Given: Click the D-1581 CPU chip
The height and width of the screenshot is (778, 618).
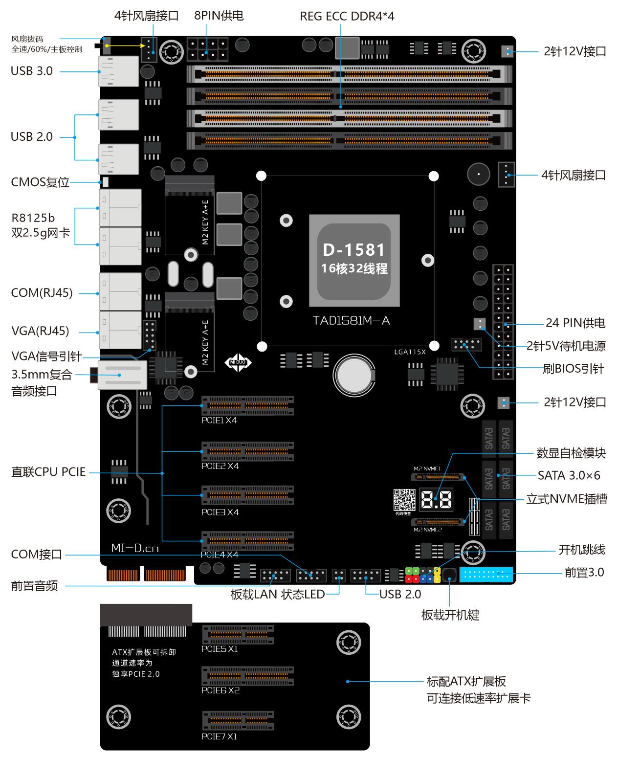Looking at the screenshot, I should [x=354, y=260].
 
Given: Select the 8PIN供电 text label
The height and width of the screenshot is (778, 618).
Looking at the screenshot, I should [x=219, y=16].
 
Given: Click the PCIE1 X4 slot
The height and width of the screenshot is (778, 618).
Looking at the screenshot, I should [x=248, y=406].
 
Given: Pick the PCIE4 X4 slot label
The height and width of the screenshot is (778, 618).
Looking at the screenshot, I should [x=220, y=555].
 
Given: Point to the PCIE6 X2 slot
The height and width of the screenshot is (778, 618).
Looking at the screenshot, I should [x=248, y=676].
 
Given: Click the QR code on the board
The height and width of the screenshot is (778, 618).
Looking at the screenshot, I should [x=404, y=499].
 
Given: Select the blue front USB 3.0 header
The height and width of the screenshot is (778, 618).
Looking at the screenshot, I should [x=486, y=574].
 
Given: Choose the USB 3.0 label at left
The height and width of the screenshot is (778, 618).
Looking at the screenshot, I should [x=31, y=71].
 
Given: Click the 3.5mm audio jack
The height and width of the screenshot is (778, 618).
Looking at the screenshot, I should [x=120, y=375].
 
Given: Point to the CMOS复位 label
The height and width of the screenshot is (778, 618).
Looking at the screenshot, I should [x=40, y=182].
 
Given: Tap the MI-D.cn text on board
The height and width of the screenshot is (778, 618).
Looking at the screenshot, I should [x=135, y=548].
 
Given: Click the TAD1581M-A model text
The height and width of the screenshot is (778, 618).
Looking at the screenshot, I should [x=351, y=321].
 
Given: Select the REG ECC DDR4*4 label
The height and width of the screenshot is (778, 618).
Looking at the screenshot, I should [x=347, y=16].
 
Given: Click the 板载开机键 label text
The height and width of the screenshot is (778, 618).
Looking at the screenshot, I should [x=450, y=615].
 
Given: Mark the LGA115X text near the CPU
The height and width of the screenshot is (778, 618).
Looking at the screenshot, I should [x=410, y=352].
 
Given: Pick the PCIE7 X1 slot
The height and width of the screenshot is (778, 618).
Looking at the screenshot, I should [x=238, y=721].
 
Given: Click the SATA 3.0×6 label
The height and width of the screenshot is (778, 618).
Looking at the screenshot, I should [x=569, y=475].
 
